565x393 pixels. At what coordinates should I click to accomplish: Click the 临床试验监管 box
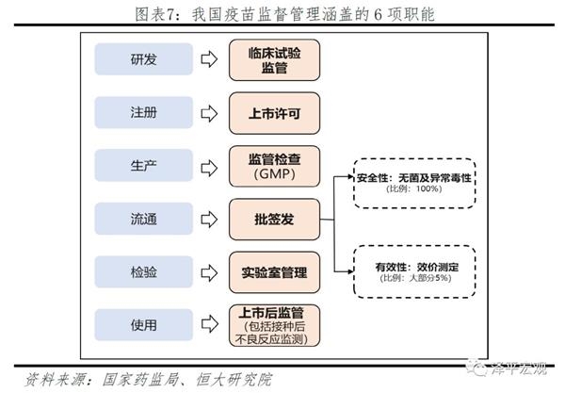[x=274, y=59]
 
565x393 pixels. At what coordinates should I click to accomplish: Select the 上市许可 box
[x=274, y=112]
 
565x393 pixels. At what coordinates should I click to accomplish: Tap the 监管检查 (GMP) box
[x=274, y=166]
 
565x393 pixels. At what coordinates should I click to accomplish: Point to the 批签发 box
[x=274, y=219]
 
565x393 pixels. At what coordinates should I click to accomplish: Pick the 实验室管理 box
[x=274, y=271]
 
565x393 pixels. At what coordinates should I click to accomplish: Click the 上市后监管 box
[x=274, y=326]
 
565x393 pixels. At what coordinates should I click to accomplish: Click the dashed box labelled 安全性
[x=413, y=182]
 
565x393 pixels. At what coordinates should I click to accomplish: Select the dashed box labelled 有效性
[x=413, y=271]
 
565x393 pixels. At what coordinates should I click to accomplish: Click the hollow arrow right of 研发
[x=209, y=59]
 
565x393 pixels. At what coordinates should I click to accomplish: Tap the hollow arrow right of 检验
[x=209, y=271]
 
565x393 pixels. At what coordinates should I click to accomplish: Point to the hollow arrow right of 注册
[x=209, y=112]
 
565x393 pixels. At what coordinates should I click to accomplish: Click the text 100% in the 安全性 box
[x=428, y=189]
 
